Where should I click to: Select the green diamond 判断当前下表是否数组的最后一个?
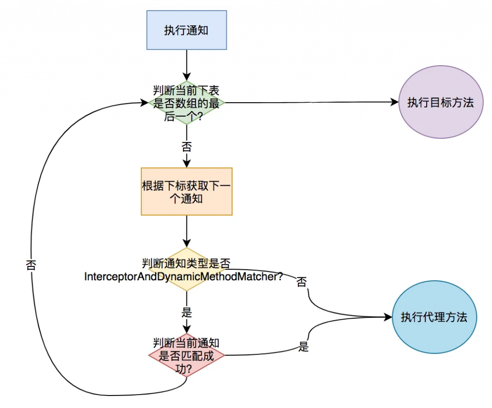(x=186, y=103)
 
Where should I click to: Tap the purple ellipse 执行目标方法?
(x=440, y=102)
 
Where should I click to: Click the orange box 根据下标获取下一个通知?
(x=186, y=192)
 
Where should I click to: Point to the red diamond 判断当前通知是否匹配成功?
(x=186, y=355)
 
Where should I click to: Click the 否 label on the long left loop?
(x=31, y=264)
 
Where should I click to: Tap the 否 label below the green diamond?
(x=186, y=146)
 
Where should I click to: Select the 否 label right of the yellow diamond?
(x=301, y=282)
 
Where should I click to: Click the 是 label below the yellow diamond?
(x=186, y=312)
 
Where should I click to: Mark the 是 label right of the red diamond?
(x=303, y=347)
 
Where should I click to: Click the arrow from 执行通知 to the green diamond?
(x=186, y=64)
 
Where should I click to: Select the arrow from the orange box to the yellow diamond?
(x=186, y=231)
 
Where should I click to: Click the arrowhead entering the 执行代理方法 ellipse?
(x=388, y=317)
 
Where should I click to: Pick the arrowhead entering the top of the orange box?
(x=186, y=163)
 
